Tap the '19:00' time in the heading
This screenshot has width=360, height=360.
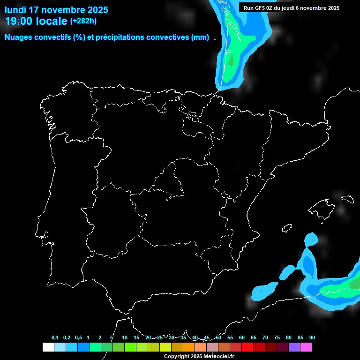click(x=19, y=21)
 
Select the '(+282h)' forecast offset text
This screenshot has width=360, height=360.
click(x=84, y=21)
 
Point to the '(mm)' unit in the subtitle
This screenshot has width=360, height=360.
click(x=200, y=37)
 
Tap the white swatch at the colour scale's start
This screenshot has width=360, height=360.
click(x=48, y=347)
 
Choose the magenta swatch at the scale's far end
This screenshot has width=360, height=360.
click(x=306, y=347)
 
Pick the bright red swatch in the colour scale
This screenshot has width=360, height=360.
click(x=247, y=347)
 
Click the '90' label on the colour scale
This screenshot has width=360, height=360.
click(x=312, y=337)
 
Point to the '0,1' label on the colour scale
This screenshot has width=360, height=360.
click(x=55, y=337)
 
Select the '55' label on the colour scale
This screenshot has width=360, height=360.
click(x=230, y=337)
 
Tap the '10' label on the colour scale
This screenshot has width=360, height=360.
click(x=124, y=337)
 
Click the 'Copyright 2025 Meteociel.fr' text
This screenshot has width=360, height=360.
click(x=199, y=356)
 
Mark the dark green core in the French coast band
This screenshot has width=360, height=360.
click(x=231, y=60)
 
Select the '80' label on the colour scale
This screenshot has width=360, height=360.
click(x=289, y=337)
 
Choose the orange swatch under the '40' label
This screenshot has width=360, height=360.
click(x=188, y=347)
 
